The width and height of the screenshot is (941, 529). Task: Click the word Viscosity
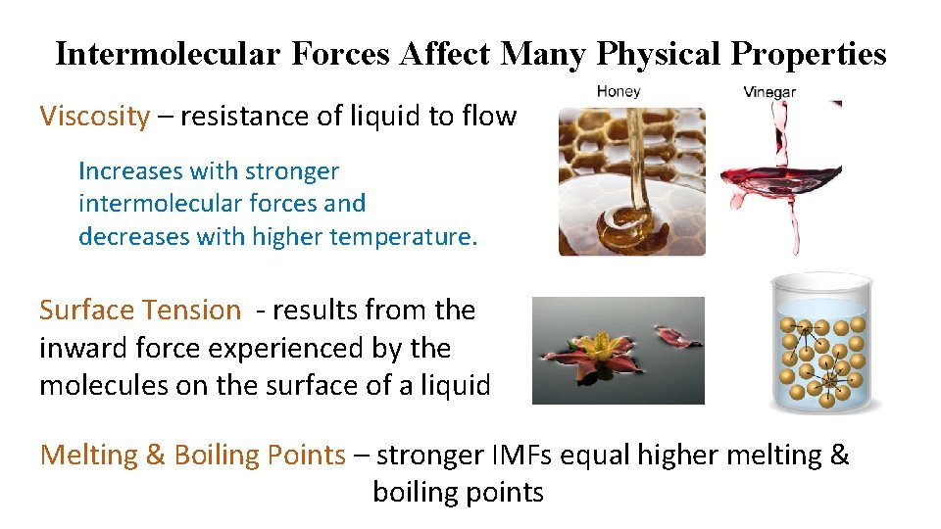coord(94,117)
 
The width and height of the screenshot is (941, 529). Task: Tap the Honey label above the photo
coord(619,91)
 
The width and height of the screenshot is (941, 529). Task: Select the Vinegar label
coord(769,92)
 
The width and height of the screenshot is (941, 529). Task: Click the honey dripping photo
coord(631,181)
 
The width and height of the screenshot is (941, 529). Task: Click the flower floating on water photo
coord(618,351)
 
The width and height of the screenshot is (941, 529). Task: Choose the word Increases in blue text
coord(130,171)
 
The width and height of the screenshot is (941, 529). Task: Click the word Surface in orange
coord(86,311)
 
